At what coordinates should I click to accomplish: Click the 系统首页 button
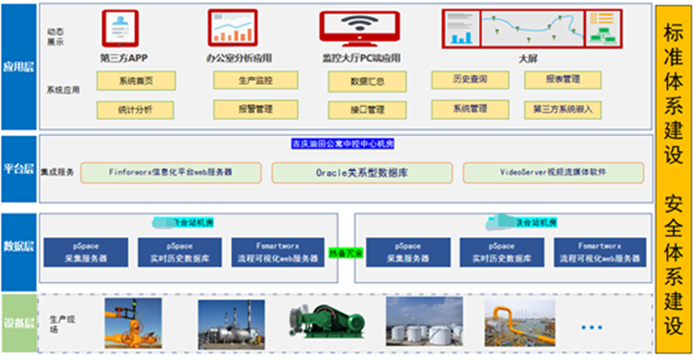(x=135, y=81)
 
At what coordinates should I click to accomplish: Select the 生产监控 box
(x=255, y=81)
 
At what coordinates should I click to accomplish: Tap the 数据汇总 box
(x=367, y=81)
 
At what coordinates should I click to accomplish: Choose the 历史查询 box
(x=470, y=80)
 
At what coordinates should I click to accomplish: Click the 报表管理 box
(x=562, y=80)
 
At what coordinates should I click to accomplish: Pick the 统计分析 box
(x=135, y=109)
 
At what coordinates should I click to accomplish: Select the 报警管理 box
(x=255, y=109)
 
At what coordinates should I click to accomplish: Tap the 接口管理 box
(x=367, y=110)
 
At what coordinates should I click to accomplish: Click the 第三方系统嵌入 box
(x=562, y=108)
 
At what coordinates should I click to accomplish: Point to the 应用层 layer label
(x=19, y=67)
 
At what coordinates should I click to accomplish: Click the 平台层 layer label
(x=19, y=170)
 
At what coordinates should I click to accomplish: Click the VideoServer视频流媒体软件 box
(x=553, y=172)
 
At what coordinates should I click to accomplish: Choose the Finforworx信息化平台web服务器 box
(x=170, y=172)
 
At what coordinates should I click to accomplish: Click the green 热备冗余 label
(x=346, y=253)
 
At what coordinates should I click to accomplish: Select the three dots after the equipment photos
(x=591, y=327)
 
